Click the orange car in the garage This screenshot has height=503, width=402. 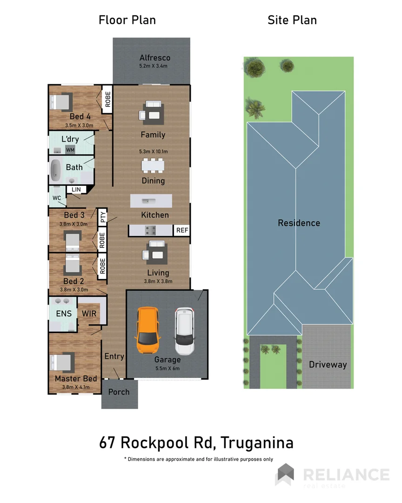(148, 331)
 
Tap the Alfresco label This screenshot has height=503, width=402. (154, 58)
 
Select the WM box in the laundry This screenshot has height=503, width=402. (70, 150)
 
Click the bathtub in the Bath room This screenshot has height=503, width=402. (56, 170)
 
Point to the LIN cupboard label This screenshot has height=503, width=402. (75, 190)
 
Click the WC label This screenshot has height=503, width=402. (56, 198)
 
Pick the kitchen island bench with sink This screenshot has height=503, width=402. (151, 201)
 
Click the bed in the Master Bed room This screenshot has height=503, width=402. (61, 363)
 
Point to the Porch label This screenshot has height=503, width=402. (119, 392)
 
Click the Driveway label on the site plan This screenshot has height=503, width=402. (328, 365)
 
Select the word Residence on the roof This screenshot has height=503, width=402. (299, 223)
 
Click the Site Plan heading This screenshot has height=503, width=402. (292, 20)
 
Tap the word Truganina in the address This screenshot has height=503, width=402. (257, 442)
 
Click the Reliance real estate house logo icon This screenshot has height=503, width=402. (285, 475)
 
